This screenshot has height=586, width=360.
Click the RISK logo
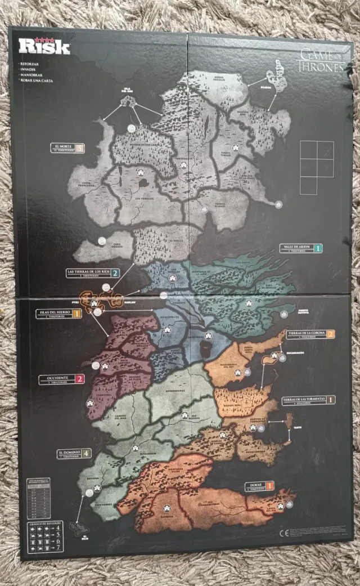point(44,46)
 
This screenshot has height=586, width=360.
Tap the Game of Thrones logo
point(320,60)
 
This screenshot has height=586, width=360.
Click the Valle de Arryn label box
point(301,248)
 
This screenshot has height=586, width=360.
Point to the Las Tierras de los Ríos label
point(93,273)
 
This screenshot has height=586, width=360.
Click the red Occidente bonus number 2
point(79,379)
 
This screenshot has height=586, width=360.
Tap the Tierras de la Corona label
point(311,334)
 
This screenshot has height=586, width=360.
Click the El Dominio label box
point(74,453)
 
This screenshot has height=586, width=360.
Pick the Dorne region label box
point(259,486)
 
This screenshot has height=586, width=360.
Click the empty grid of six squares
point(316,168)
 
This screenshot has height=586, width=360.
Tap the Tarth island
point(289,420)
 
